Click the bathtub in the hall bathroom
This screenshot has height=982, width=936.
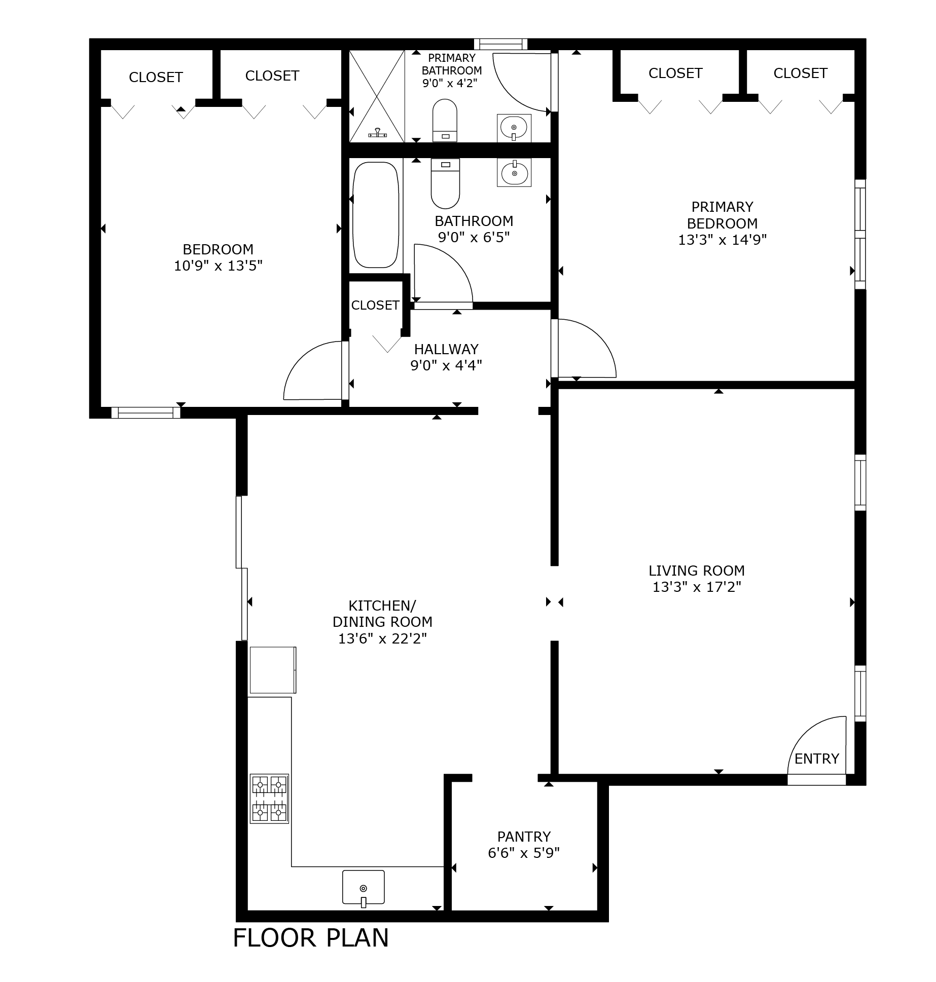coord(375,215)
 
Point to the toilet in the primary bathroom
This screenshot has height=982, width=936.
coord(445,121)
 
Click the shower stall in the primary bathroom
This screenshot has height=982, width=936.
coord(377,96)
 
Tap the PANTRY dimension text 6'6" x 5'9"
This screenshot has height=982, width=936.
coord(523,853)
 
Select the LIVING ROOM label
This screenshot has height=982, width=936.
coord(697,571)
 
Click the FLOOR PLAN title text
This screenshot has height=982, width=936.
coord(311,937)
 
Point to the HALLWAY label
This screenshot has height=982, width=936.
coord(446,349)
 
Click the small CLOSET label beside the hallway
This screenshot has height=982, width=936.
coord(375,305)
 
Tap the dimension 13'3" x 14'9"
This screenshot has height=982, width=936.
coord(722,240)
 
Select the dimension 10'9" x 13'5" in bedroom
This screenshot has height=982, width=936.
coord(218,266)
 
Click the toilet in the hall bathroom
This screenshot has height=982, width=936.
coord(445,183)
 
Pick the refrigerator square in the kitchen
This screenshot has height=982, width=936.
coord(273,669)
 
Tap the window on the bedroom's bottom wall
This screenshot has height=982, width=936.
coord(146,412)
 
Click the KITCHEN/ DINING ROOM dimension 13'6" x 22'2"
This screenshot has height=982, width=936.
coord(382,638)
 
